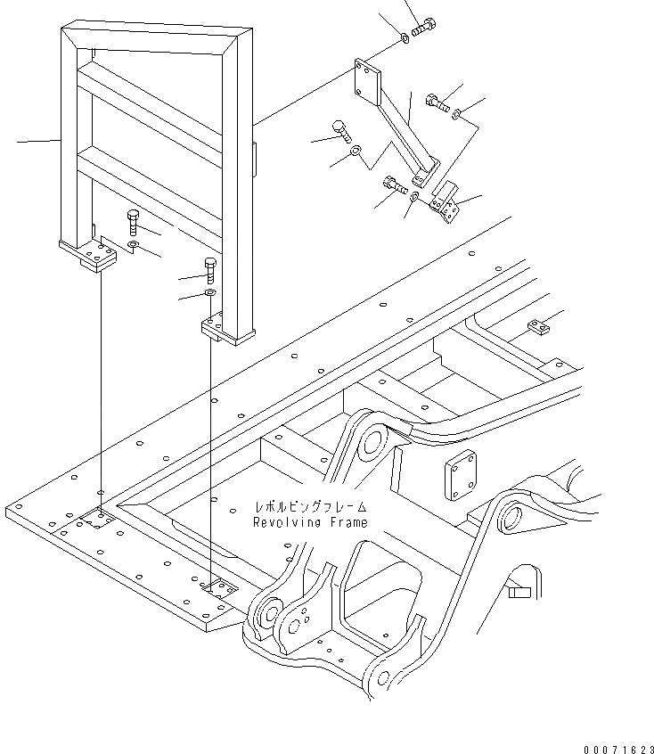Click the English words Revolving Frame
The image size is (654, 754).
(x=310, y=523)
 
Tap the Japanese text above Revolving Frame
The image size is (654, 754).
(x=308, y=507)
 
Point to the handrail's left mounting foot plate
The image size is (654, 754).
(x=89, y=256)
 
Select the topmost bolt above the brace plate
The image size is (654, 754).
(x=425, y=28)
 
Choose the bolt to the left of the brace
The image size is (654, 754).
(x=341, y=131)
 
